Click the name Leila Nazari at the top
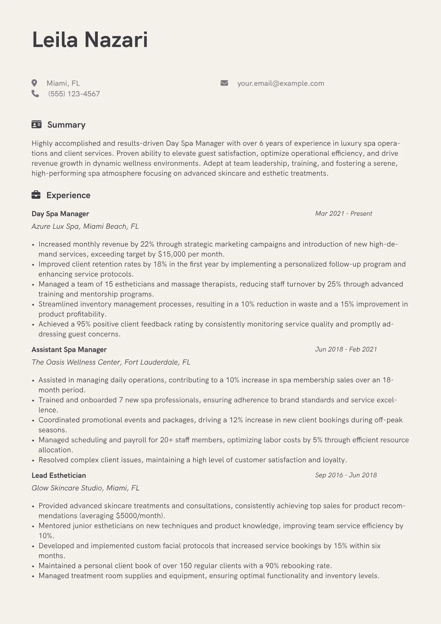pyautogui.click(x=90, y=40)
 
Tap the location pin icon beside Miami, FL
pyautogui.click(x=34, y=83)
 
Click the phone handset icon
pyautogui.click(x=35, y=94)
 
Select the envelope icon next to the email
pyautogui.click(x=224, y=83)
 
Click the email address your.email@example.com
pyautogui.click(x=281, y=83)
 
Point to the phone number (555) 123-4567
pyautogui.click(x=74, y=94)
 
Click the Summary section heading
pyautogui.click(x=66, y=125)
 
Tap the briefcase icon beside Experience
pyautogui.click(x=36, y=195)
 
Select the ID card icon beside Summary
pyautogui.click(x=36, y=125)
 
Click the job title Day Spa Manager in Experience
pyautogui.click(x=60, y=214)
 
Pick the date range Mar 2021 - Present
pyautogui.click(x=344, y=214)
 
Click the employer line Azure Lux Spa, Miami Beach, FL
pyautogui.click(x=85, y=227)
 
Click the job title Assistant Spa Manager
pyautogui.click(x=69, y=350)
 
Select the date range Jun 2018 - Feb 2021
pyautogui.click(x=346, y=349)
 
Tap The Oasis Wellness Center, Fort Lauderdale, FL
pyautogui.click(x=111, y=362)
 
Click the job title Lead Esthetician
pyautogui.click(x=59, y=475)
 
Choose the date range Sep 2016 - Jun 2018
pyautogui.click(x=346, y=475)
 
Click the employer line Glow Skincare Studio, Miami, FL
pyautogui.click(x=85, y=488)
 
